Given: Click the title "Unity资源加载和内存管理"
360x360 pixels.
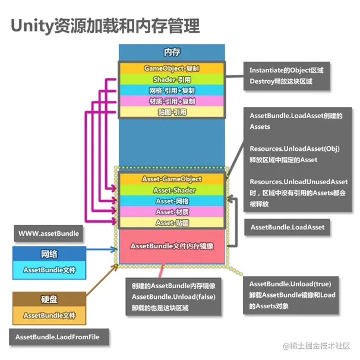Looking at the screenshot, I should coord(105,26).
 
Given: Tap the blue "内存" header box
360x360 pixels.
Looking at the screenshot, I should coord(172,52).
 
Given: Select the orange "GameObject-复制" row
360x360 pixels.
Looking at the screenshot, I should coord(172,68).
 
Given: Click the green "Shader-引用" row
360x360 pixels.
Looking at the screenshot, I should coord(172,80).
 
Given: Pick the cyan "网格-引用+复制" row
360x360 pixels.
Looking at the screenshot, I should coord(172,90).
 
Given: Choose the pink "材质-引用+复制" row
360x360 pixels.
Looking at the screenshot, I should coord(172,101).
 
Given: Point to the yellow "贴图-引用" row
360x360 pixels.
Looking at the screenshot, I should coord(172,112).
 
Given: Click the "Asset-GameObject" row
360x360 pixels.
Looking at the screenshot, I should coord(172,179).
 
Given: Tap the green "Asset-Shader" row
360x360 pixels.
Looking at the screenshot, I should coord(172,190).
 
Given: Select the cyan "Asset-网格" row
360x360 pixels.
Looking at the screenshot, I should coord(172,201).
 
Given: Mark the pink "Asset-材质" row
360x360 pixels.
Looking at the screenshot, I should coord(172,211).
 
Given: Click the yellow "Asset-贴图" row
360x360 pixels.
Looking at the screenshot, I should coord(172,222).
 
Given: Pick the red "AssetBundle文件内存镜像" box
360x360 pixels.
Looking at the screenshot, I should coord(172,246).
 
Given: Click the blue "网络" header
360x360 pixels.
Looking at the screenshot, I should coord(49,254).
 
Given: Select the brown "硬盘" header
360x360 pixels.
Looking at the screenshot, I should coord(49,299).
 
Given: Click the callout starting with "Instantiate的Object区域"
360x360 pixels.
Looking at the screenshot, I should coord(286,75).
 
